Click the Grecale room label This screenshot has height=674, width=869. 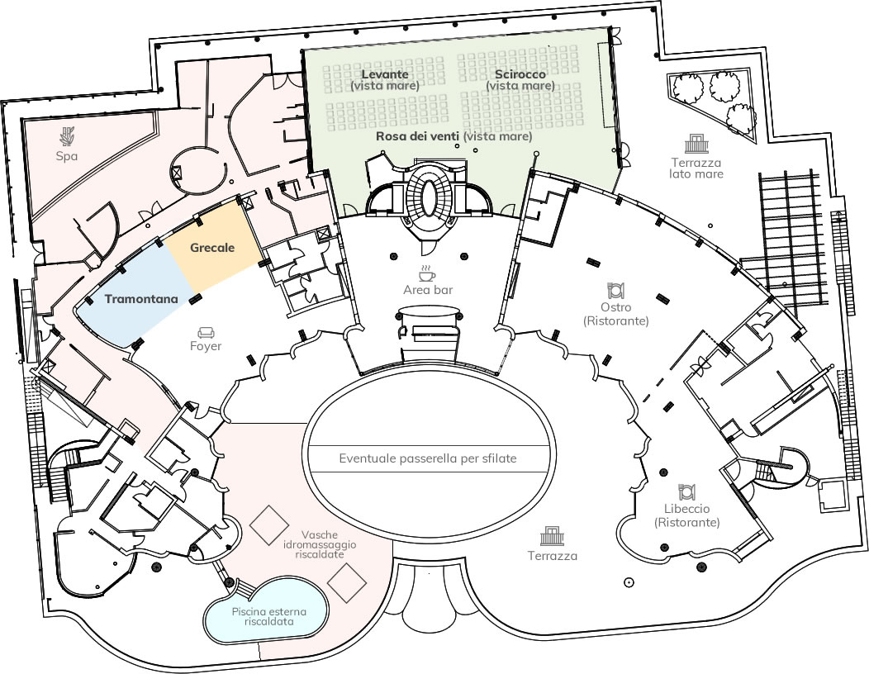coord(212,248)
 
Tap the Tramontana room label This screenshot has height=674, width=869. coord(141,299)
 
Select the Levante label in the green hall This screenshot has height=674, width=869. coord(385,74)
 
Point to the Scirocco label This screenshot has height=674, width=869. coord(520,74)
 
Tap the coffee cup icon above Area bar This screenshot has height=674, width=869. coord(427,273)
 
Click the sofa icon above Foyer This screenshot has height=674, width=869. coord(207,332)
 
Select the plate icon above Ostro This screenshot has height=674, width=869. coord(615,290)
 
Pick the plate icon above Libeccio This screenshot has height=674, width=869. coord(686,491)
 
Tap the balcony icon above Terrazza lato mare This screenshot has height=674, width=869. coord(696,144)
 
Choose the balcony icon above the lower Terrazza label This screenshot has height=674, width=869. coord(552,536)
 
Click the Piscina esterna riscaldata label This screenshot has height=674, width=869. coord(268,616)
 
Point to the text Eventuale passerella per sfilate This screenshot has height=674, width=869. coord(428,458)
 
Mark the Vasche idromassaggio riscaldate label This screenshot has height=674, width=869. coord(320,544)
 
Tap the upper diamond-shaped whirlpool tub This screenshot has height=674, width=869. coord(268,524)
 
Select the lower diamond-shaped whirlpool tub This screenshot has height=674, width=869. coord(347,583)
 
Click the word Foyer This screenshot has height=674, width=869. coord(206,346)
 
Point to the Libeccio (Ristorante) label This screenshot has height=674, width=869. coord(686,515)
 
